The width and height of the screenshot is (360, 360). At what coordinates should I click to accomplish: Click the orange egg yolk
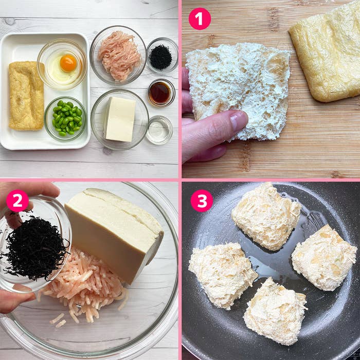coord(68,63)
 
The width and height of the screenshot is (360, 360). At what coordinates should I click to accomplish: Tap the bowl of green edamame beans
coord(65,119)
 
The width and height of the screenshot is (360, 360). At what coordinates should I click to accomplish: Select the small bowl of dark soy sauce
coord(161,93)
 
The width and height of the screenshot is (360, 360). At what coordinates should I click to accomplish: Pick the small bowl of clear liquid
coord(159,130)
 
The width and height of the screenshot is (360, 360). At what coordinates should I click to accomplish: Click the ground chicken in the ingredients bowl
coord(119,56)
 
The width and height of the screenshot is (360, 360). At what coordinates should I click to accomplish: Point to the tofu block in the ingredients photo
coord(120,119)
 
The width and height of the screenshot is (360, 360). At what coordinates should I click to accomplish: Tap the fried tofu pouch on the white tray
coord(26,95)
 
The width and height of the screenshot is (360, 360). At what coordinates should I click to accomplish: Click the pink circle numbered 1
coord(200,19)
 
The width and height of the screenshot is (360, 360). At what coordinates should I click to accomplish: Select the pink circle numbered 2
coord(17,201)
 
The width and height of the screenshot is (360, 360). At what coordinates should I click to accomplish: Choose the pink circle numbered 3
coord(202,201)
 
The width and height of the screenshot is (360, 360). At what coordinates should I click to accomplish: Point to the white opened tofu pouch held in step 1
coord(238,91)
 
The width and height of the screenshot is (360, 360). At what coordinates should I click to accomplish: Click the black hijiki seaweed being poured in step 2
coord(35,249)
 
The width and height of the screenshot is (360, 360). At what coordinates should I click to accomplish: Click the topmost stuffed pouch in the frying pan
coord(266,216)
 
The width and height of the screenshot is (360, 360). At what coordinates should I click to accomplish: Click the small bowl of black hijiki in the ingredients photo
coord(163,55)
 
